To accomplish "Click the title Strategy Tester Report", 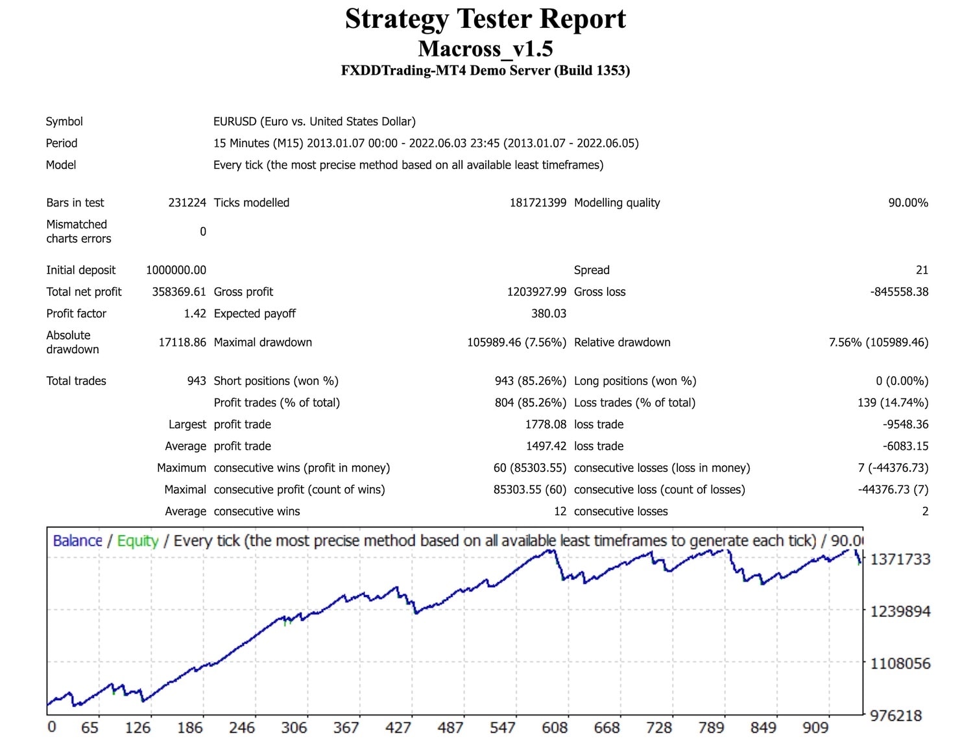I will tap(485, 19).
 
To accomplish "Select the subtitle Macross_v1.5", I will tap(485, 49).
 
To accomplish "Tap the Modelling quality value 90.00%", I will tap(907, 202).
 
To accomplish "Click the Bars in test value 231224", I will tap(187, 202).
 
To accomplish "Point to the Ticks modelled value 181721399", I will tap(538, 202).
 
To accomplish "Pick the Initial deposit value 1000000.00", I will tap(176, 270).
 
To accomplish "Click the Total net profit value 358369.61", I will tap(178, 292).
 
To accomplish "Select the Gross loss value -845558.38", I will tap(899, 292).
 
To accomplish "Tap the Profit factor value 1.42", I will tap(195, 313).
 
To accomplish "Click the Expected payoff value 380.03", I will tap(549, 313).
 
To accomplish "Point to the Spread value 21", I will tap(922, 270).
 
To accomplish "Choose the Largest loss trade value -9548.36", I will tap(905, 424).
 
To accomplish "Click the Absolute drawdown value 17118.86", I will tap(182, 342).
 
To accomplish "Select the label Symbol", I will tap(64, 121).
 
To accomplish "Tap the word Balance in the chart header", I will tap(77, 541).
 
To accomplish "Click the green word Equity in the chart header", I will tap(138, 541).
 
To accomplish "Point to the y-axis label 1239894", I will tap(900, 611).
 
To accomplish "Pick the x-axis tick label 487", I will tap(450, 727).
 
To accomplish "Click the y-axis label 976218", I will tap(895, 716).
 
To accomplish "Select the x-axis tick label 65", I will tap(90, 727).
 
